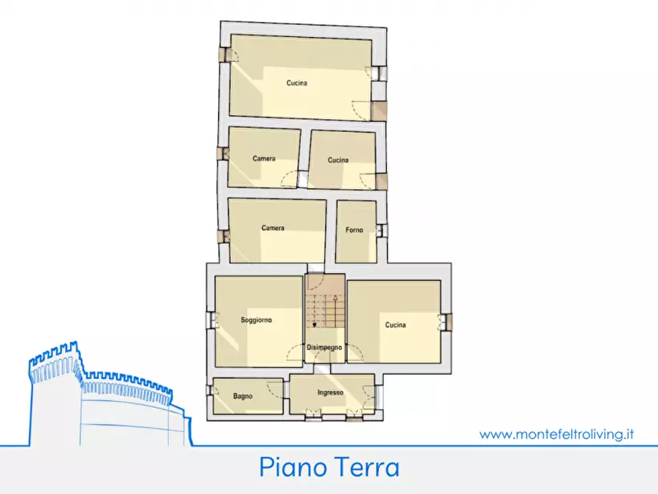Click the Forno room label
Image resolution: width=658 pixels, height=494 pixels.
point(354,230)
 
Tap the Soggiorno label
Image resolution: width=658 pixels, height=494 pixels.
point(256,320)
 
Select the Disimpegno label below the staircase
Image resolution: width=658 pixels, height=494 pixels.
point(324,347)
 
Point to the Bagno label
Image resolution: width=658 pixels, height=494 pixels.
point(242,396)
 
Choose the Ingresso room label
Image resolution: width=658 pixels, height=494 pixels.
point(331,392)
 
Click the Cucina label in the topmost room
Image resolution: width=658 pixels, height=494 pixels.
point(297,83)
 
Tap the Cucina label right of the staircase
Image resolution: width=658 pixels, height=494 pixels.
point(395,324)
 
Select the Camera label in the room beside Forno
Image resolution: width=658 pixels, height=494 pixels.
point(273,228)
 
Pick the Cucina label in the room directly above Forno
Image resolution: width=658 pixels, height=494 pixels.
point(338,160)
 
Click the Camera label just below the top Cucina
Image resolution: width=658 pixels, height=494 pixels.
point(264,159)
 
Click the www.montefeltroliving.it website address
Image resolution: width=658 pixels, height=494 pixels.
point(557,434)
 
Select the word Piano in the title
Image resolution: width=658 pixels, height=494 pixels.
point(290,467)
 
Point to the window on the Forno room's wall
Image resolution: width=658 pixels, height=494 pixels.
point(380,231)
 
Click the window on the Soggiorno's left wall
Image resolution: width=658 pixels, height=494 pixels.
point(211,321)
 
